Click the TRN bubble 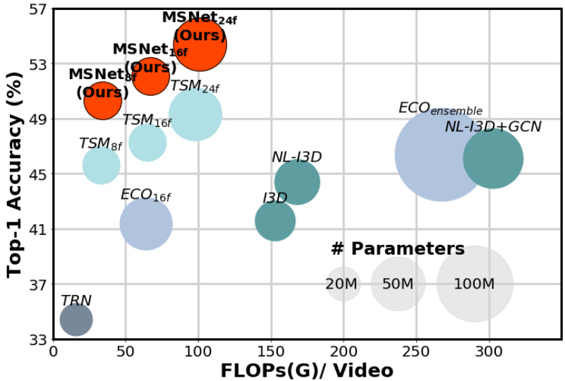(x=76, y=320)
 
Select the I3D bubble (x=275, y=221)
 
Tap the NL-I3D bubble (x=297, y=182)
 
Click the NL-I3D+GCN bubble (x=493, y=159)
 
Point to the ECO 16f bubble (x=146, y=224)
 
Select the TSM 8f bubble (x=101, y=165)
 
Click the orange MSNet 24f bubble (x=200, y=44)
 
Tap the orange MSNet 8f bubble (x=102, y=100)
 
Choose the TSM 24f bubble (x=195, y=114)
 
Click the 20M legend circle (x=344, y=284)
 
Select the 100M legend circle (x=475, y=284)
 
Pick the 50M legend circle (x=398, y=284)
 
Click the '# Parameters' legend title (x=398, y=248)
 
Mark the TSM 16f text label (x=147, y=121)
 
